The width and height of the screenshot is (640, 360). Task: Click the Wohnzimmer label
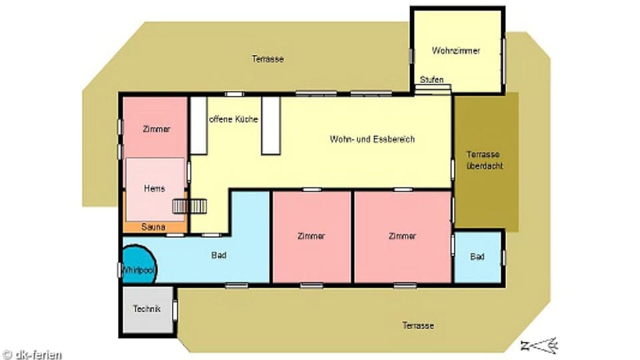tap(456, 51)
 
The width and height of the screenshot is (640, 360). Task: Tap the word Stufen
tap(431, 80)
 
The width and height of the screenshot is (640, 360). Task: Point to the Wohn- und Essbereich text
tap(372, 139)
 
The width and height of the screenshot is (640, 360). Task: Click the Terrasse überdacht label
tap(484, 159)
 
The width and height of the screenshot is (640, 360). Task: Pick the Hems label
tap(154, 189)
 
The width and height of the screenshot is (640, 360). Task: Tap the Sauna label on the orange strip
tap(153, 227)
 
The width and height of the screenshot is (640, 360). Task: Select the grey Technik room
tap(147, 310)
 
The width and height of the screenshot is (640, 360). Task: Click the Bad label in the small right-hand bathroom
tap(477, 257)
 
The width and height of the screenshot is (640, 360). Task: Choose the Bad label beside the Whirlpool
tap(219, 255)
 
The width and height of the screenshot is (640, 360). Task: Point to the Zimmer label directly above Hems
tap(157, 129)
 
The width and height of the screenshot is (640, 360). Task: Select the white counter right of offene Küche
tap(271, 125)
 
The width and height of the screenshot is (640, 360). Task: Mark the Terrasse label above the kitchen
tap(268, 59)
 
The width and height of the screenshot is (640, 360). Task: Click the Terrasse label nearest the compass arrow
tap(418, 325)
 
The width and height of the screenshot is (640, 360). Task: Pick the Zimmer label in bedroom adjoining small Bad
tap(402, 236)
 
